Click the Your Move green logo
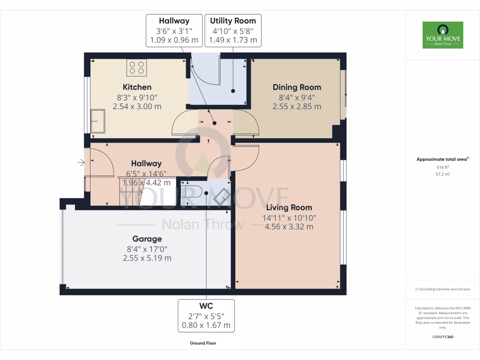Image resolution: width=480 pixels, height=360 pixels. (x=442, y=35)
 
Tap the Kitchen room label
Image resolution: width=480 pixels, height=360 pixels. (x=137, y=87)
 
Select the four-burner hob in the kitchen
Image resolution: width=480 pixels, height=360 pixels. (x=136, y=67)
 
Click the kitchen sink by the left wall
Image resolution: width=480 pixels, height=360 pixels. (x=98, y=121)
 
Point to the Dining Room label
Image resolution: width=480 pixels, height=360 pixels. (x=297, y=87)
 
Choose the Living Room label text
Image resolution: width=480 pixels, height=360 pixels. (x=289, y=207)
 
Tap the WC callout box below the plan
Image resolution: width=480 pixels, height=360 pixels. (x=206, y=315)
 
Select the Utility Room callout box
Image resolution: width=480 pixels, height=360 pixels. (x=233, y=30)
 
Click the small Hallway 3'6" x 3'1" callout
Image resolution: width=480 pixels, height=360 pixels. (x=174, y=30)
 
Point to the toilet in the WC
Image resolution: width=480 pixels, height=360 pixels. (x=192, y=191)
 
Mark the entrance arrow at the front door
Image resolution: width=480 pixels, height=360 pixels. (x=81, y=163)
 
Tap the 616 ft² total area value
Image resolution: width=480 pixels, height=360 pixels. (x=442, y=167)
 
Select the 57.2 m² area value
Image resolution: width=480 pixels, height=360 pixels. (x=442, y=174)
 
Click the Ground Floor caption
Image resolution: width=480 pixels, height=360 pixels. (x=203, y=343)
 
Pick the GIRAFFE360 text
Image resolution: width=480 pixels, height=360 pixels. (x=442, y=337)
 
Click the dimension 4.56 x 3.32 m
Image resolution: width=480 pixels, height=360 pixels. (x=290, y=227)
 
